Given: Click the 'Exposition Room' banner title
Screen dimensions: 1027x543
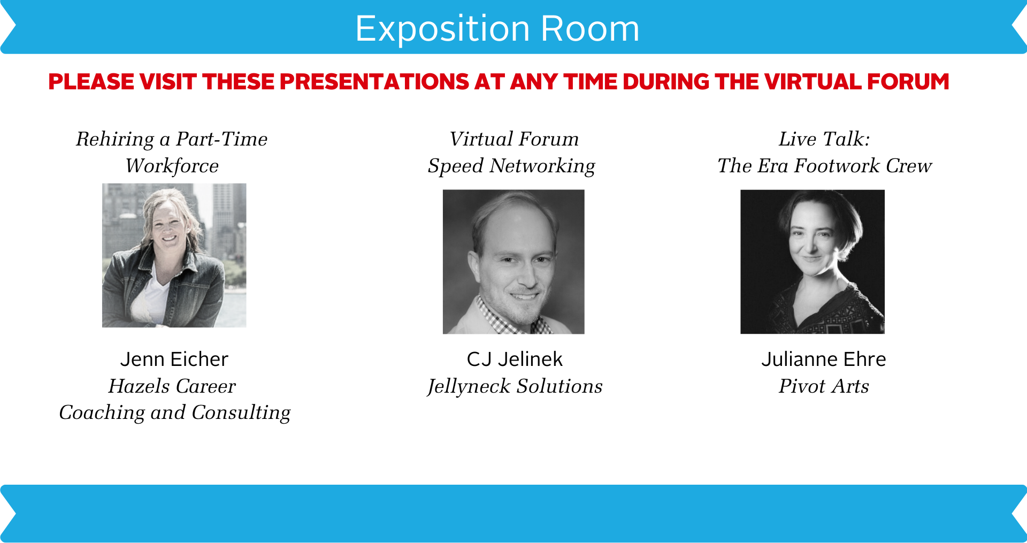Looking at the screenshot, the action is (x=497, y=28).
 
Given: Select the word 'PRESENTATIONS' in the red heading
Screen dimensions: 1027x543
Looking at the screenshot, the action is (x=374, y=82).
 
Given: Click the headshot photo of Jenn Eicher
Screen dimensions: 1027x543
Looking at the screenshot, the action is (x=174, y=255).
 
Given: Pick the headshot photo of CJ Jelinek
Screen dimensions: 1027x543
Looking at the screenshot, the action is (x=513, y=262).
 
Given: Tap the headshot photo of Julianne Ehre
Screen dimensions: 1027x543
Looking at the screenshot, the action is (x=813, y=262).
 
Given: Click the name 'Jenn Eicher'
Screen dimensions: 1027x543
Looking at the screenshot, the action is (x=174, y=359).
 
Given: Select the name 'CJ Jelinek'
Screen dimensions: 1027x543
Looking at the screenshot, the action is (x=515, y=359).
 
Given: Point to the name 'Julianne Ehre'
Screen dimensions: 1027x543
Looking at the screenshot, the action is (x=824, y=359).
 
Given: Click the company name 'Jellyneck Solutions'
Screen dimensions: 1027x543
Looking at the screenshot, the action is (x=515, y=387).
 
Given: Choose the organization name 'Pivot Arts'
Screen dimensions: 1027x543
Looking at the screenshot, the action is (x=824, y=386).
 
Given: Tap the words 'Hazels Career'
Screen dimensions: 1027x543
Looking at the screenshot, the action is (x=172, y=386).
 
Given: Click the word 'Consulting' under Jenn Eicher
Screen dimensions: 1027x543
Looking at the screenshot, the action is (x=241, y=413).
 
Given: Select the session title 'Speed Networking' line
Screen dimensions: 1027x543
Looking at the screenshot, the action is (x=511, y=166).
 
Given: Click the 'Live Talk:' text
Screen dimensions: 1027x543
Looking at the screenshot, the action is (x=824, y=139).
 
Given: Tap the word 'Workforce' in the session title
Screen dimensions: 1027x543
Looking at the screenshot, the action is (x=172, y=166).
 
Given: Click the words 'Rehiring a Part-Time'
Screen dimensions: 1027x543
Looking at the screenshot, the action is (x=172, y=140).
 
